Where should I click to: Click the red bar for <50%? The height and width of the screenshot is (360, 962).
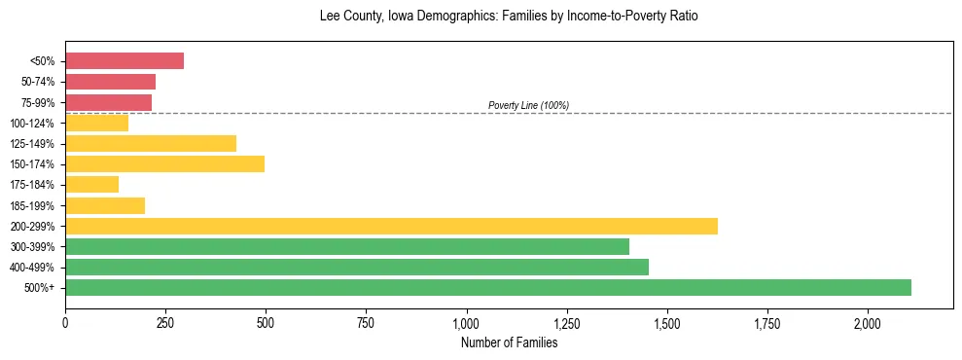coord(125,61)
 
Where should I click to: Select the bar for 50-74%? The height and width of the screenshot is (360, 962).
coord(110,82)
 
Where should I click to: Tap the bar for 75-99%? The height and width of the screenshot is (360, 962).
coord(108,102)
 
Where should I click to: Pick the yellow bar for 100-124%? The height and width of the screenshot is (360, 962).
coord(96,123)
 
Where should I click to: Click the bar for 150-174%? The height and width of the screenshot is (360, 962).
coord(164,163)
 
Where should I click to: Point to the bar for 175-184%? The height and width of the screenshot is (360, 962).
coord(91,184)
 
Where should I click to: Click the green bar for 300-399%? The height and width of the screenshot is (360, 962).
coord(347,246)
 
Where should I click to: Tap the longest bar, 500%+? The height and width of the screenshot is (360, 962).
coord(488,287)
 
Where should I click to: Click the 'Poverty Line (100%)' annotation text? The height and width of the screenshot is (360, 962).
coord(528,105)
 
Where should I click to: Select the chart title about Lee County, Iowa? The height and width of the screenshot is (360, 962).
coord(509,17)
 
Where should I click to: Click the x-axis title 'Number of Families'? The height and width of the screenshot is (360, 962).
coord(509,342)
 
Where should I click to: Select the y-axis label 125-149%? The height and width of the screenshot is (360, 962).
coord(34,144)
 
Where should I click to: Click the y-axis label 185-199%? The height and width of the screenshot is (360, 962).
coord(34,205)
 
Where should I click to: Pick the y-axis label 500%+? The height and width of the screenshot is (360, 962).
coord(40,288)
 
